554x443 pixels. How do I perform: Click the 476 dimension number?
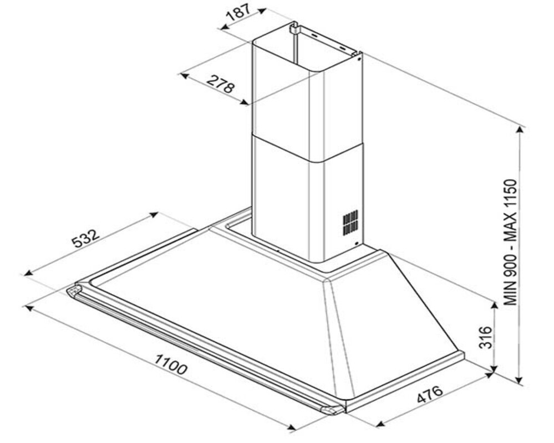pyautogui.click(x=430, y=394)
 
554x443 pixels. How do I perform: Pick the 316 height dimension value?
pyautogui.click(x=485, y=337)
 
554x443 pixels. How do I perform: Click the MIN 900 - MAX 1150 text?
pyautogui.click(x=511, y=243)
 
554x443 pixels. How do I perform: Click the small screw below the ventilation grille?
pyautogui.click(x=357, y=243)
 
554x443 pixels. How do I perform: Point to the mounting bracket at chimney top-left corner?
pyautogui.click(x=293, y=28)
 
